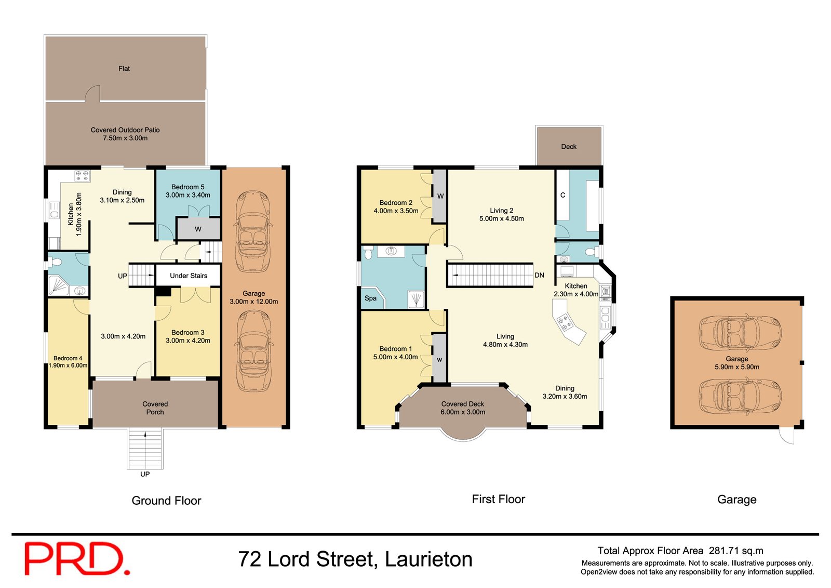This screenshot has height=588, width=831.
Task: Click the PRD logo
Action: click(x=77, y=558)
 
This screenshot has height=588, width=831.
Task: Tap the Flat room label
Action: click(x=124, y=69)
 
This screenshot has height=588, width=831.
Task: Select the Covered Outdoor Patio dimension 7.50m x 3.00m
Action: click(x=125, y=138)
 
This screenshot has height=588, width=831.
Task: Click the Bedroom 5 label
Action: click(x=188, y=187)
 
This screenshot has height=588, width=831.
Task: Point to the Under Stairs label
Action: click(x=189, y=276)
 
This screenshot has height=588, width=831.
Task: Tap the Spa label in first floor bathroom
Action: click(x=370, y=298)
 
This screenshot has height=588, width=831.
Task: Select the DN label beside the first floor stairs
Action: click(x=540, y=275)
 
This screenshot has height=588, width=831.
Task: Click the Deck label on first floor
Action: click(x=569, y=147)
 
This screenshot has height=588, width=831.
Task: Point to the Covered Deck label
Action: click(x=463, y=403)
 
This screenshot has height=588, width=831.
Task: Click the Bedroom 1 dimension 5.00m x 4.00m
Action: click(x=396, y=357)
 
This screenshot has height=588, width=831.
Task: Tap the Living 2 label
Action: click(x=502, y=211)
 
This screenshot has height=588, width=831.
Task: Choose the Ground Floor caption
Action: click(x=166, y=501)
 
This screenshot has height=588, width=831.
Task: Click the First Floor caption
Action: click(x=499, y=499)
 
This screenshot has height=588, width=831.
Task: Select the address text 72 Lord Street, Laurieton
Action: click(x=355, y=559)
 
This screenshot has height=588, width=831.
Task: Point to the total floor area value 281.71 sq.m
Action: click(x=736, y=551)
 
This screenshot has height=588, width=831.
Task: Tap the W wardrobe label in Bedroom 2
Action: click(x=440, y=196)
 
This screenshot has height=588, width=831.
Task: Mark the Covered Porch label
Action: click(x=155, y=408)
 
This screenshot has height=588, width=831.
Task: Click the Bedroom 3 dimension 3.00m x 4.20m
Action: click(x=188, y=341)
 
